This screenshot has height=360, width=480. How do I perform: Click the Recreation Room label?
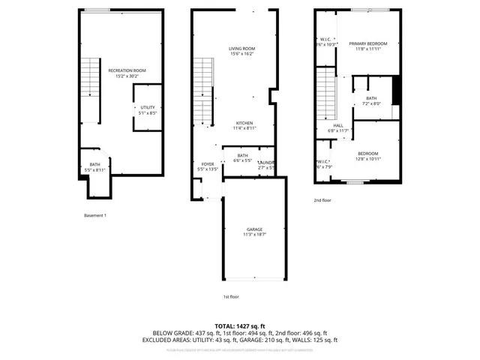pyautogui.click(x=126, y=73)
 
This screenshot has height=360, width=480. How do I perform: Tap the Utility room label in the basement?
pyautogui.click(x=148, y=110)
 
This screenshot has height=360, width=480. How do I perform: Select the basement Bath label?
pyautogui.click(x=95, y=167)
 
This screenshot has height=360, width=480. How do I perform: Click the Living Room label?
pyautogui.click(x=241, y=51)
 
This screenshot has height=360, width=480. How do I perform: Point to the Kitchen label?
pyautogui.click(x=244, y=125)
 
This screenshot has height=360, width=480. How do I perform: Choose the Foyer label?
pyautogui.click(x=208, y=166)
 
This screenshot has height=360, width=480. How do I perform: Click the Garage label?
pyautogui.click(x=254, y=232)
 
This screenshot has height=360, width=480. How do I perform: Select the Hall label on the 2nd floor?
pyautogui.click(x=338, y=128)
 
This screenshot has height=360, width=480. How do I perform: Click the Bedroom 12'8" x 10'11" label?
pyautogui.click(x=367, y=156)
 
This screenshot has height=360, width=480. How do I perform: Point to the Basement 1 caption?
pyautogui.click(x=95, y=215)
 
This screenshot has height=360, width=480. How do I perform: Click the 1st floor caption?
pyautogui.click(x=231, y=296)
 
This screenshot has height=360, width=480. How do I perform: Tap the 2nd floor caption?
pyautogui.click(x=323, y=200)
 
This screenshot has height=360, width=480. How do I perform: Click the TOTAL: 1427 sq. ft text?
pyautogui.click(x=239, y=326)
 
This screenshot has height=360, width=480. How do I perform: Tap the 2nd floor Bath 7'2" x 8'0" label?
pyautogui.click(x=371, y=101)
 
